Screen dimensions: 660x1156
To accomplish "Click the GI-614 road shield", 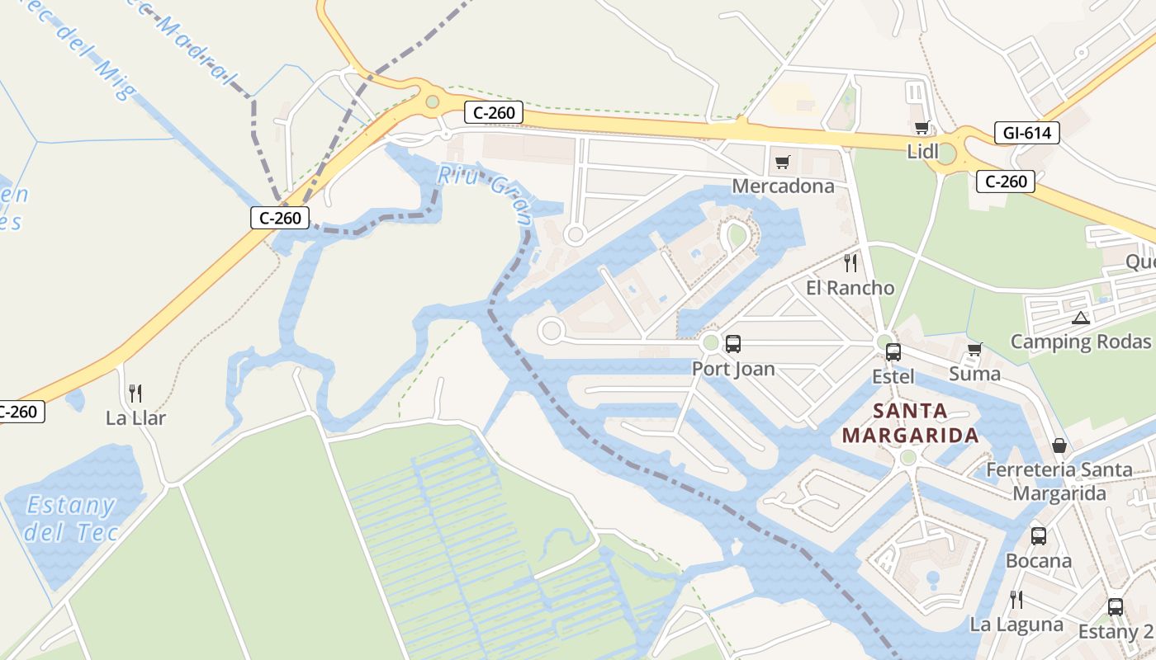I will pyautogui.click(x=1026, y=133).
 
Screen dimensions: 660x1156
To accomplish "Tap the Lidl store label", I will pyautogui.click(x=922, y=152).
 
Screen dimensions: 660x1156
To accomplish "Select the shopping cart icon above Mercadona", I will pyautogui.click(x=782, y=162).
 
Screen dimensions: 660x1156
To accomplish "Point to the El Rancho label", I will pyautogui.click(x=850, y=288).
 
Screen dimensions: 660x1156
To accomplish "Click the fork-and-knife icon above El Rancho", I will pyautogui.click(x=850, y=263).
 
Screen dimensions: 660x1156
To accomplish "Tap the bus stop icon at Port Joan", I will pyautogui.click(x=732, y=344).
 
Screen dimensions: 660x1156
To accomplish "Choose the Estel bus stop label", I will pyautogui.click(x=893, y=377).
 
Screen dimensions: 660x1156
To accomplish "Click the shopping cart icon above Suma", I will pyautogui.click(x=974, y=350).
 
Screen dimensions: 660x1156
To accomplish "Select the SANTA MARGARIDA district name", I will pyautogui.click(x=910, y=423).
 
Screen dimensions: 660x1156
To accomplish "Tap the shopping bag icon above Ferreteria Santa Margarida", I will pyautogui.click(x=1059, y=446).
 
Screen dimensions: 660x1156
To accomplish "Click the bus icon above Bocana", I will pyautogui.click(x=1038, y=536).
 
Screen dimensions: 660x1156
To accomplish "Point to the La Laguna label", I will pyautogui.click(x=1016, y=625).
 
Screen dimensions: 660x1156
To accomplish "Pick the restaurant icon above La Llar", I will pyautogui.click(x=135, y=394).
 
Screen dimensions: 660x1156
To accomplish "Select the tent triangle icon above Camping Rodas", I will pyautogui.click(x=1080, y=318).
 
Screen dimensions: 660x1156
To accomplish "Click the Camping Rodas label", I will pyautogui.click(x=1080, y=342).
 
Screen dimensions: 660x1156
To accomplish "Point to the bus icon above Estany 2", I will pyautogui.click(x=1115, y=607).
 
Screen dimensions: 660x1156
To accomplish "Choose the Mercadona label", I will pyautogui.click(x=783, y=186).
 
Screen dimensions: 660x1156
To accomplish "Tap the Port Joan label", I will pyautogui.click(x=733, y=369).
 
